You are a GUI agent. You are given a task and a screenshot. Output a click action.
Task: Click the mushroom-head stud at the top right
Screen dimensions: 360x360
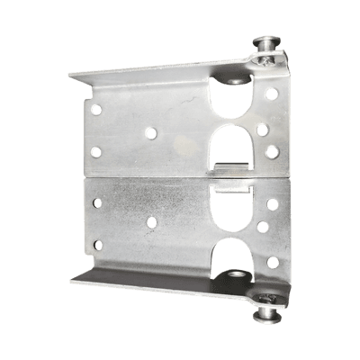coord(267,41)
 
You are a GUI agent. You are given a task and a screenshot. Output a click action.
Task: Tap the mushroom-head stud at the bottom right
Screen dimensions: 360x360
coord(267,313)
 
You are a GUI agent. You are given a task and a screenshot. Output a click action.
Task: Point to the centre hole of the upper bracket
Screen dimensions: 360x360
coord(151,133)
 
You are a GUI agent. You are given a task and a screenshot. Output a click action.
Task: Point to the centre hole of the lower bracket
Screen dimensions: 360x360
coord(151,221)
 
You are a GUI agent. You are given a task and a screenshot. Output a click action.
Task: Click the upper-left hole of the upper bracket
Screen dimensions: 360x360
coord(96,110)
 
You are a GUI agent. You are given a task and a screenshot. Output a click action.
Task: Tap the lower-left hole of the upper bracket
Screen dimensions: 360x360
coord(96,151)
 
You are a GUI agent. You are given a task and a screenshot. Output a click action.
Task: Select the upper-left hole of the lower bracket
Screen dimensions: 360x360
coord(96,203)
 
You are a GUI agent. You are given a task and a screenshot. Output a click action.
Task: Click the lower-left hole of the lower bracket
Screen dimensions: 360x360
coord(96,244)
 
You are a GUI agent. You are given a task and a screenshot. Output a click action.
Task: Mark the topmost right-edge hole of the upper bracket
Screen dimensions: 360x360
coord(272,93)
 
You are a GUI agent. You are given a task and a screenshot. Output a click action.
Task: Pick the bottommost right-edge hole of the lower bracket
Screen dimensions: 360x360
coord(272,263)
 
